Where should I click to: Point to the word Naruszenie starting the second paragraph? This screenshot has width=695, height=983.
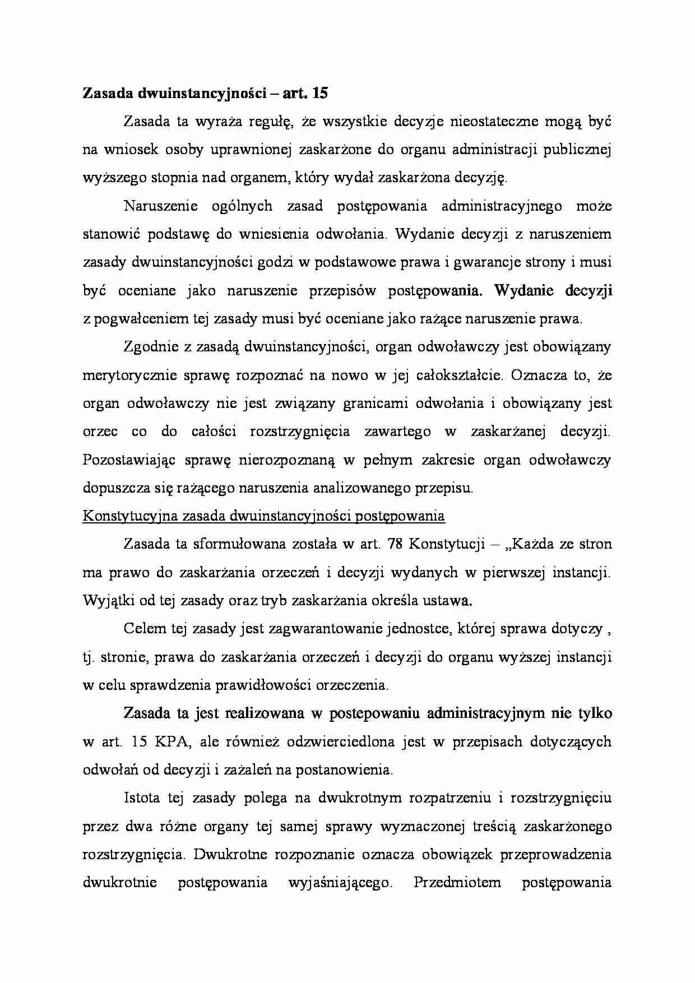(x=161, y=206)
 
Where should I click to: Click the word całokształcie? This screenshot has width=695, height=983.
(x=459, y=375)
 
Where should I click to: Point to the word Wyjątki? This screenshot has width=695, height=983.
(x=103, y=601)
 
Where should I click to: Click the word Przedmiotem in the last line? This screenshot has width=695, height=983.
(x=457, y=883)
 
